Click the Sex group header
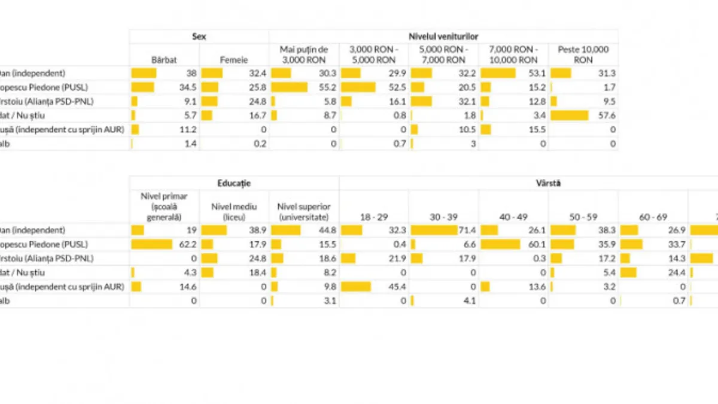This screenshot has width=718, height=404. [x=199, y=37]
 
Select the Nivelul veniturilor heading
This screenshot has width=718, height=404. [x=443, y=37]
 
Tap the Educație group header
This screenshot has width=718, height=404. [x=234, y=183]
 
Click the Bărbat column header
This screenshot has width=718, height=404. [x=165, y=60]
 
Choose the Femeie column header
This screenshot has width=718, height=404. [x=234, y=60]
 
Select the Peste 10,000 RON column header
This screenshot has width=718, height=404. [x=583, y=54]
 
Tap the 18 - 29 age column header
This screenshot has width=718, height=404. [x=374, y=217]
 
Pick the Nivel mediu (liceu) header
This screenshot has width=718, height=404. [x=234, y=211]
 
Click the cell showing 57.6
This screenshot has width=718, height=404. [x=607, y=115]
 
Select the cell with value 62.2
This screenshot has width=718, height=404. [x=188, y=244]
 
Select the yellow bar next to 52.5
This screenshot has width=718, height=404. [x=358, y=87]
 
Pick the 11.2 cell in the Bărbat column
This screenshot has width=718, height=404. [x=188, y=129]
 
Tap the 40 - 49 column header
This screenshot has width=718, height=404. [x=514, y=217]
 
